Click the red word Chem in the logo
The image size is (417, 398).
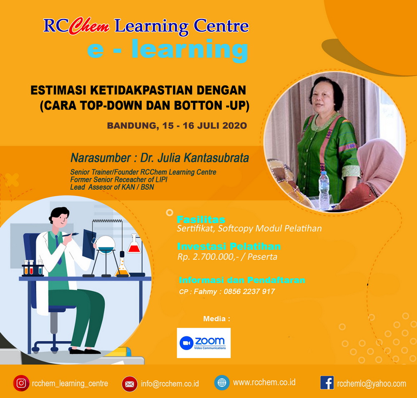click(89, 26)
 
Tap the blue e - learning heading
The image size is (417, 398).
click(168, 49)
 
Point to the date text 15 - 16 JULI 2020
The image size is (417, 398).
click(205, 125)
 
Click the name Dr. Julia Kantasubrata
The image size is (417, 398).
click(194, 158)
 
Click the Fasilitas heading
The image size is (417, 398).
click(201, 220)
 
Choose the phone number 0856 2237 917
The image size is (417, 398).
click(249, 292)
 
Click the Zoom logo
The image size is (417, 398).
click(204, 343)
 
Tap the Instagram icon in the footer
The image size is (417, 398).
click(21, 383)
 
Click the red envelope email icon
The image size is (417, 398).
click(130, 384)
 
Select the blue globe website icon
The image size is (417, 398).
click(222, 383)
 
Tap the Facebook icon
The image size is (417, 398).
click(327, 383)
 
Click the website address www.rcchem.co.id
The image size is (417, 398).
click(264, 382)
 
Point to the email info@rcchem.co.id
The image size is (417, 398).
click(170, 384)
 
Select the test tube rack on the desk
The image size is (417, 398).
click(33, 268)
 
